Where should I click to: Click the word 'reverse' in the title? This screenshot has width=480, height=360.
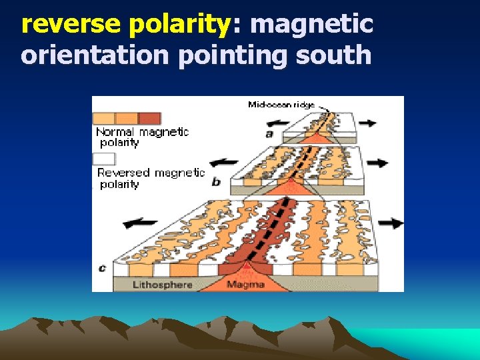click(x=71, y=24)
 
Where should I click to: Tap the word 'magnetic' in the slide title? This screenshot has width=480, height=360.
click(x=311, y=24)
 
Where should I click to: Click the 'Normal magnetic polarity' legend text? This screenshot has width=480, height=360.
click(x=142, y=137)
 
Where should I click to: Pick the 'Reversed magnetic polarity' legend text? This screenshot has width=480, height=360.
click(x=150, y=177)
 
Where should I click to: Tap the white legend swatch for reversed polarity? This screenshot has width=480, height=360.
click(x=104, y=159)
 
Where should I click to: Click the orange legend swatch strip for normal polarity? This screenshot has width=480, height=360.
click(x=127, y=118)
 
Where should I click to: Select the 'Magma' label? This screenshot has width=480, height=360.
click(x=245, y=285)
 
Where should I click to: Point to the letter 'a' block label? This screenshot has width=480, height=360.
click(x=269, y=133)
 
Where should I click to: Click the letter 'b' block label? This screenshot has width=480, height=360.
click(x=216, y=181)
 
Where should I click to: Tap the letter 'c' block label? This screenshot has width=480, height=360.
click(x=102, y=268)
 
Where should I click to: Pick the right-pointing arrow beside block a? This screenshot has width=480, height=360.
click(x=367, y=123)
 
